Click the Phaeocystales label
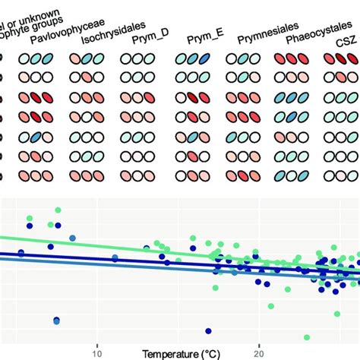pyautogui.click(x=311, y=36)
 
